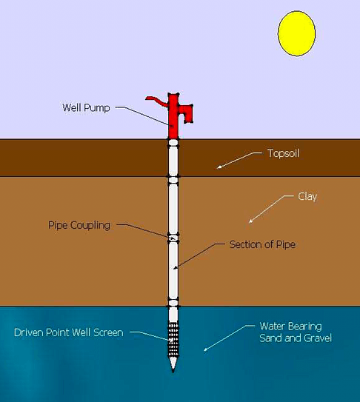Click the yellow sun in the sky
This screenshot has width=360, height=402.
click(296, 33)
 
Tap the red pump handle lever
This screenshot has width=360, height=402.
click(156, 101)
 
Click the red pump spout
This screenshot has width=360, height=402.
click(186, 113)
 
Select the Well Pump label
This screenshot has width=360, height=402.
click(86, 107)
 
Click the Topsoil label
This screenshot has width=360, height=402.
click(284, 153)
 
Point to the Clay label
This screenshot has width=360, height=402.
click(307, 197)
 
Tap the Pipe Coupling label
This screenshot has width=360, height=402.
click(79, 225)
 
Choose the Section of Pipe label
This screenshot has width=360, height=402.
click(262, 244)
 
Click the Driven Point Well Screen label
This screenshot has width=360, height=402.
click(68, 332)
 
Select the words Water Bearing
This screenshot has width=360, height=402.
click(290, 326)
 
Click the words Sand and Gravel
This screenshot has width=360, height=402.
click(296, 338)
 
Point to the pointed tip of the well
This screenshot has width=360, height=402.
click(173, 370)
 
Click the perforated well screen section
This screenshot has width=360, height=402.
click(173, 339)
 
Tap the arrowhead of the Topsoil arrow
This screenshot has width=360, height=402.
click(219, 167)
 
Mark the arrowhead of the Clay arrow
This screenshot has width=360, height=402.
click(250, 221)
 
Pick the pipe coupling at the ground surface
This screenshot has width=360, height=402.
click(173, 142)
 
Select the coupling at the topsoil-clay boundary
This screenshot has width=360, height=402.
click(173, 180)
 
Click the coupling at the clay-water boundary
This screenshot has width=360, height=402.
click(173, 303)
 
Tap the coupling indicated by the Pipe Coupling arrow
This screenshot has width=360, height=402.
click(173, 238)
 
